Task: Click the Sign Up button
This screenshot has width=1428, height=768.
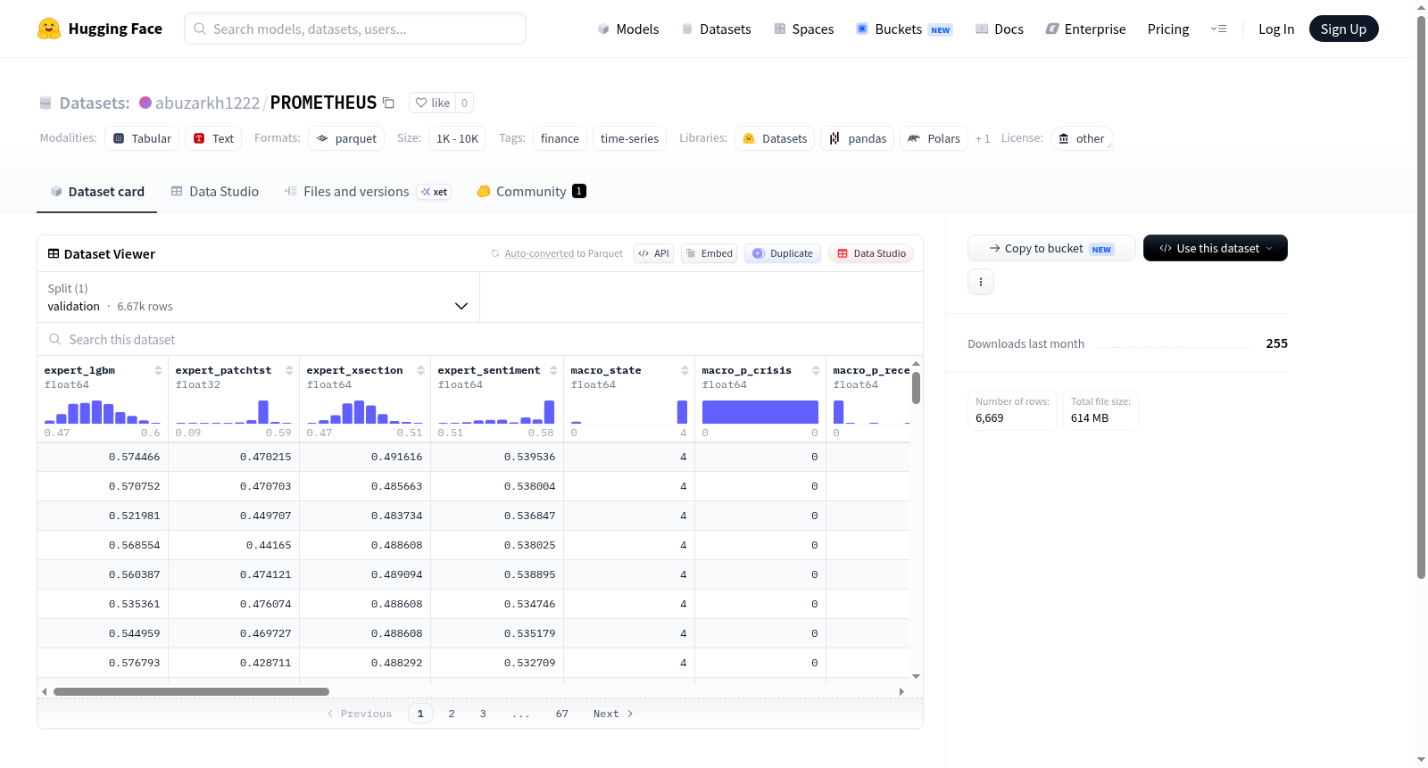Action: (x=1343, y=29)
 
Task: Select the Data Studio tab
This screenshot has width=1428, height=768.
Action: (x=215, y=191)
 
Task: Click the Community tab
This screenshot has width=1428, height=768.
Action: (x=531, y=191)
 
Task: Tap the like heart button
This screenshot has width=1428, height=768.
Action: (x=432, y=103)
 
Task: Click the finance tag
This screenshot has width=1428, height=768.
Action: (x=560, y=138)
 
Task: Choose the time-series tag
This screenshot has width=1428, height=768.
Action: (x=629, y=138)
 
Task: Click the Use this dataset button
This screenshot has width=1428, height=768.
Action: (x=1215, y=248)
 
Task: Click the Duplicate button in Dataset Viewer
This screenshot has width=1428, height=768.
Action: (x=782, y=253)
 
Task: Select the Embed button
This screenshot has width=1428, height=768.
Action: (x=709, y=253)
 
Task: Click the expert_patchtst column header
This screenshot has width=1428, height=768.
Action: (x=223, y=370)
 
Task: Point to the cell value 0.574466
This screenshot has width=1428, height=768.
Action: (x=134, y=457)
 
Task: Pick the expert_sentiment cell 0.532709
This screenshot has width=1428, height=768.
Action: (x=529, y=663)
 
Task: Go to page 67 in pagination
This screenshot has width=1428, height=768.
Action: (x=561, y=714)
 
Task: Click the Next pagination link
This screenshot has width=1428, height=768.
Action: (x=612, y=714)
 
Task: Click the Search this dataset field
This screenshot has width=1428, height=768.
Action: (x=479, y=340)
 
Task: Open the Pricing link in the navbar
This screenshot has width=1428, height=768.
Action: (x=1168, y=29)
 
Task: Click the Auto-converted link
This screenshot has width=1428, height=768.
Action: (x=539, y=253)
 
